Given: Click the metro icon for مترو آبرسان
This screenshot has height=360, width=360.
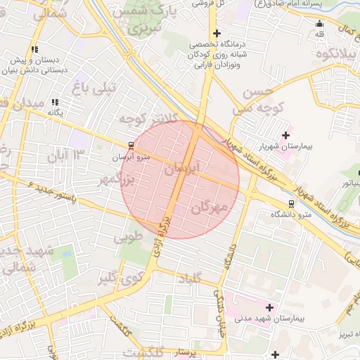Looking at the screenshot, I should click(131, 146).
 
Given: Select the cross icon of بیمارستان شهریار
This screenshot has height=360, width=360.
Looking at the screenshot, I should click(285, 135).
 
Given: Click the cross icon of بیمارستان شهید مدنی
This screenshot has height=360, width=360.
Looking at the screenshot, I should click(269, 307).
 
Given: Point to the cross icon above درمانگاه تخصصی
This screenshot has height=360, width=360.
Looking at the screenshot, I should click(217, 33).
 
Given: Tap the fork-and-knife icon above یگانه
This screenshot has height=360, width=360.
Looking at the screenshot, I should click(56, 102).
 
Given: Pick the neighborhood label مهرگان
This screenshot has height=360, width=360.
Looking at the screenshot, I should click(210, 207).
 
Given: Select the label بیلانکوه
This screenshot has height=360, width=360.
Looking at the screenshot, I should click(333, 55).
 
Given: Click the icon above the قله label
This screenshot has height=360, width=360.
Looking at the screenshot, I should click(321, 23).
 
